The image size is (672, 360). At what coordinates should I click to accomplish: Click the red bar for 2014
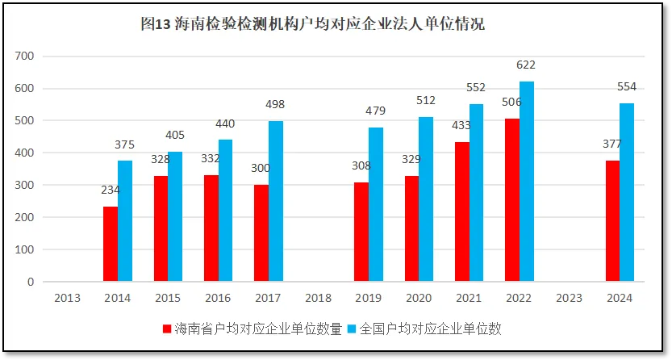pos(111,244)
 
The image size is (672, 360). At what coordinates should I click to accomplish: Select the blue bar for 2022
pos(527,182)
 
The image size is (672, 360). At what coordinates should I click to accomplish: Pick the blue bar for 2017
pos(276,201)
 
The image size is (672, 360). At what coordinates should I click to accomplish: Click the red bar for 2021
pos(462,211)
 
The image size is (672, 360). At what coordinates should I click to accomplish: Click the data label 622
pos(526,65)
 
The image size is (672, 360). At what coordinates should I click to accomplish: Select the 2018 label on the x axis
pos(318,298)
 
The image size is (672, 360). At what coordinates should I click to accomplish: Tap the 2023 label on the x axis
pos(569,298)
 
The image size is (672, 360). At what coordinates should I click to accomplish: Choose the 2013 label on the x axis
pos(67,298)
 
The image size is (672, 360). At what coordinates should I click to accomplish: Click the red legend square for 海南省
pos(167,329)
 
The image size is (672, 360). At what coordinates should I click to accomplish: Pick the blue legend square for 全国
pos(352,329)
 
